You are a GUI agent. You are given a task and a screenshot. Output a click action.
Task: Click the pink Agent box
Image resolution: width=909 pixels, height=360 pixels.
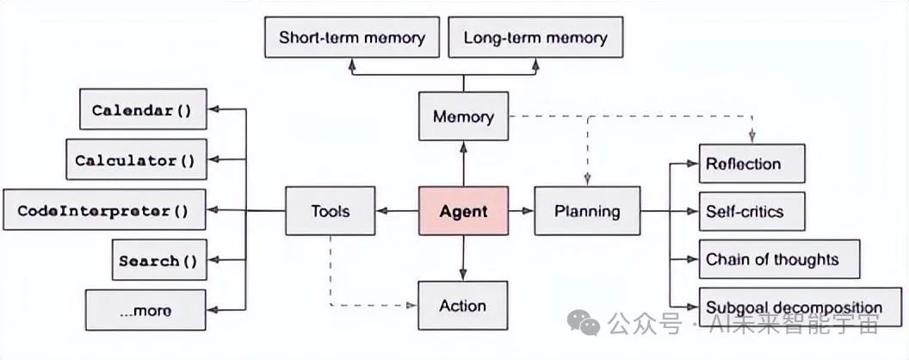coord(463,211)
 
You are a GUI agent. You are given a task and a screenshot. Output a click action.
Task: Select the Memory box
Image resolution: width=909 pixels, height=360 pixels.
coord(463,116)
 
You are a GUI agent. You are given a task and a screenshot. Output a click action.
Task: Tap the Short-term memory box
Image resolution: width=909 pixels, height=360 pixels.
coord(351,38)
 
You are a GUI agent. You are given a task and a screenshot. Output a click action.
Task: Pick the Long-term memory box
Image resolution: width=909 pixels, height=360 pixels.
coord(535,38)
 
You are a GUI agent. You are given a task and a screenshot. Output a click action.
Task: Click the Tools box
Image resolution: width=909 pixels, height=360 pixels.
coord(330,211)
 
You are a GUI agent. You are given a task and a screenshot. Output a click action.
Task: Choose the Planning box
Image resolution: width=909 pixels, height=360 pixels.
coord(586,211)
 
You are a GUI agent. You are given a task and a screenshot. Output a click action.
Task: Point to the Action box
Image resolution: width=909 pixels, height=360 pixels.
coord(463,306)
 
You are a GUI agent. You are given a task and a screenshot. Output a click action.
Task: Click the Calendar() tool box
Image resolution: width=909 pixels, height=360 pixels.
coord(143,109)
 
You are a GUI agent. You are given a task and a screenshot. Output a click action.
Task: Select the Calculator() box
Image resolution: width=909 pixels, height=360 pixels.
coord(136,159)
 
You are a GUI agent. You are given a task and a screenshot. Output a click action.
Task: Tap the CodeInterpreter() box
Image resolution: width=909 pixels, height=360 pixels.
coord(104,210)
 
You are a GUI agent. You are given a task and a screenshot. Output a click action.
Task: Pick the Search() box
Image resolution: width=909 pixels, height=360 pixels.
coord(159,260)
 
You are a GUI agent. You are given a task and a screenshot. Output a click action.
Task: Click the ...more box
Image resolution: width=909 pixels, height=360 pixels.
coord(145,311)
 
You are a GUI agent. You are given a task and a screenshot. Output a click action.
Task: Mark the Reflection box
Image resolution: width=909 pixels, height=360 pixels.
coord(751,164)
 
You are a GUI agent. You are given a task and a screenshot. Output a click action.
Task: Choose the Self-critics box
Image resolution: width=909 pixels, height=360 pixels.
coord(751,211)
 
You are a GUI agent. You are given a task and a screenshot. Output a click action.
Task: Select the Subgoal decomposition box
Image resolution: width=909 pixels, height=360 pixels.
coord(794,307)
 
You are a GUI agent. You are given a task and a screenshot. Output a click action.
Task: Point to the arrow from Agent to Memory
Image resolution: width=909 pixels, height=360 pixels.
coord(463,164)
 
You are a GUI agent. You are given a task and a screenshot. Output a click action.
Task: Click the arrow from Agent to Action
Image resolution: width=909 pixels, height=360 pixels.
coord(463,258)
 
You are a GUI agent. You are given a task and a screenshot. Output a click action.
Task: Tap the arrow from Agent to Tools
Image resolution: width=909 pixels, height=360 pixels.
coord(397,211)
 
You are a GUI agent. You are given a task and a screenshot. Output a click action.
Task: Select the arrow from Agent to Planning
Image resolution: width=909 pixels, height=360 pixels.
coord(520,211)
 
